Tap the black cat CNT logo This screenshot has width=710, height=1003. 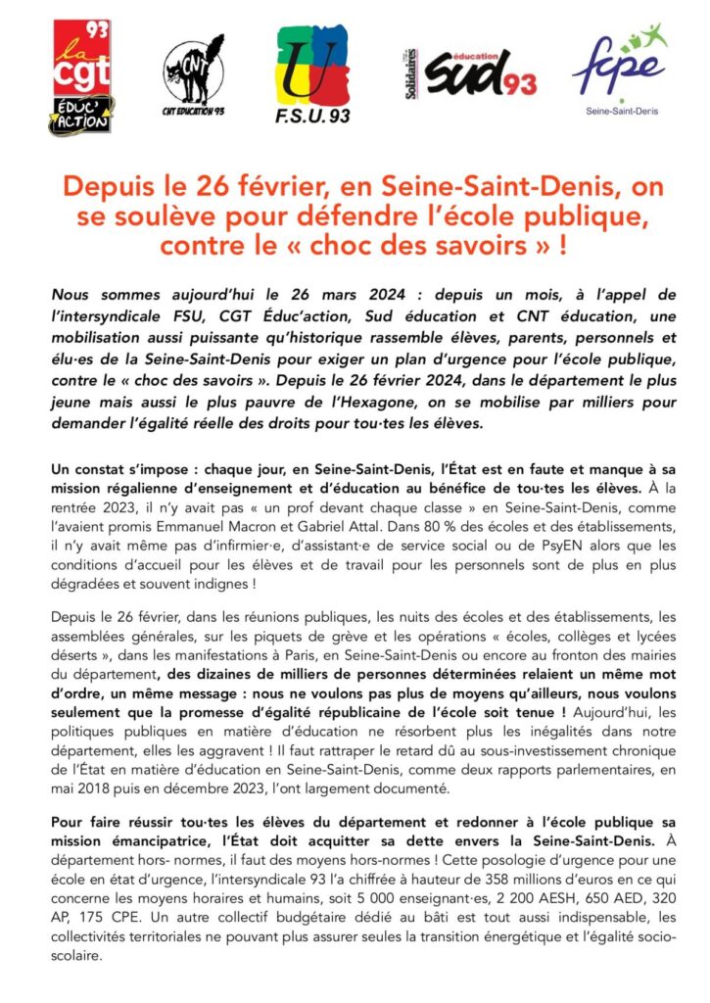point(188,76)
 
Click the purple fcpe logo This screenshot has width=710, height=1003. point(620,64)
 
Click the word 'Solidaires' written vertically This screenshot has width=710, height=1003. point(412,75)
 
